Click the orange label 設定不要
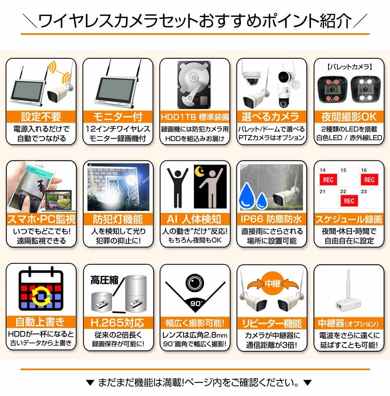pyautogui.click(x=41, y=117)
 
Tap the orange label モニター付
pyautogui.click(x=118, y=117)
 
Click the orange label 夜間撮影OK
pyautogui.click(x=348, y=117)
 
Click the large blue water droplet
pyautogui.click(x=248, y=195)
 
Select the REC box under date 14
pyautogui.click(x=328, y=179)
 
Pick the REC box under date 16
pyautogui.click(x=369, y=179)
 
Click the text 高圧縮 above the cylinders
pyautogui.click(x=104, y=280)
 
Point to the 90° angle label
pyautogui.click(x=195, y=304)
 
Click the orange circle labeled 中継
pyautogui.click(x=272, y=282)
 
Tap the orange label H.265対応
pyautogui.click(x=118, y=322)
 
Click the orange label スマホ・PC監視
pyautogui.click(x=41, y=219)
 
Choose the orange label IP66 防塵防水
pyautogui.click(x=271, y=219)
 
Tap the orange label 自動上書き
pyautogui.click(x=41, y=322)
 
